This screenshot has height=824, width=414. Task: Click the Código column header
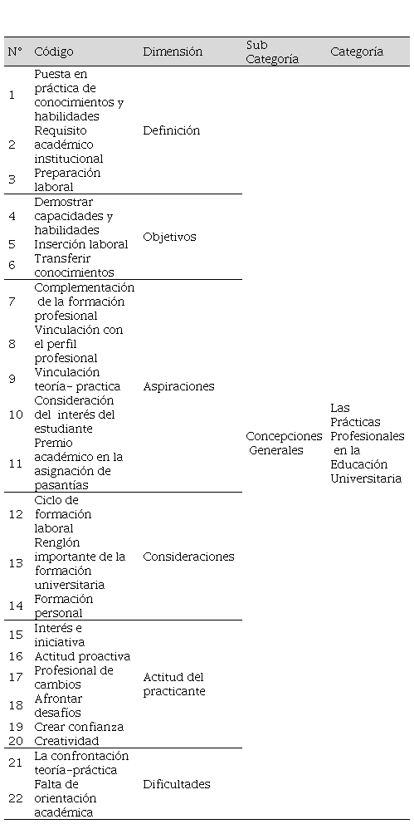tap(54, 51)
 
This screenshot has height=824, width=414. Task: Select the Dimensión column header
tap(173, 51)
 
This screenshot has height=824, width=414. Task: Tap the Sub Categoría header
tap(272, 52)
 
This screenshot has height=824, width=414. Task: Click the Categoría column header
tap(357, 51)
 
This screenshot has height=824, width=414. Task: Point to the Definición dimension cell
tap(172, 130)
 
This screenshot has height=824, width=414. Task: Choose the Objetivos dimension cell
tap(169, 237)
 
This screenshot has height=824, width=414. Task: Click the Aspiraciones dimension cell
tap(179, 386)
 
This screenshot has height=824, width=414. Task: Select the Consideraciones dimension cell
tap(189, 557)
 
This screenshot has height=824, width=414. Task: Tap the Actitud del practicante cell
tap(173, 684)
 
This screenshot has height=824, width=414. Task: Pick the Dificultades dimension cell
tap(177, 784)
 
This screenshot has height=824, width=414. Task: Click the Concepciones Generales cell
tap(284, 443)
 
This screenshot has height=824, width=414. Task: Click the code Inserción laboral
tap(81, 244)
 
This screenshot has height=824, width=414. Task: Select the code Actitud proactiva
tap(82, 656)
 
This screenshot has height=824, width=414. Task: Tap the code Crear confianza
tap(79, 728)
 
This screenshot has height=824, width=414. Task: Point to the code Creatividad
tap(66, 742)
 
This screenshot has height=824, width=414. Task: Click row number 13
tap(16, 563)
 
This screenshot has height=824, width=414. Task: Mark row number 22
tap(16, 798)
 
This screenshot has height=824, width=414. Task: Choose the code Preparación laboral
tap(67, 179)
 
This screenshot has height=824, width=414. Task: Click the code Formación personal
tap(64, 606)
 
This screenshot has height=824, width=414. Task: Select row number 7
tap(12, 302)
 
